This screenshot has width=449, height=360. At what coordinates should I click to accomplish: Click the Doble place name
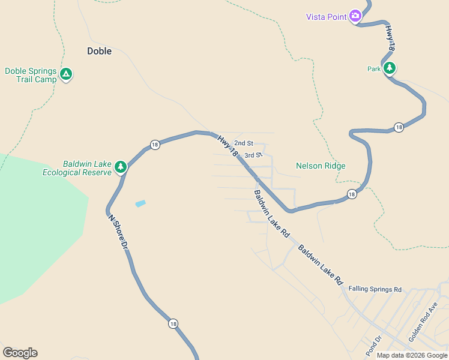[x=100, y=51]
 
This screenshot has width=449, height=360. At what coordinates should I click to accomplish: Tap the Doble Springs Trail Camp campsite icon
[x=66, y=75]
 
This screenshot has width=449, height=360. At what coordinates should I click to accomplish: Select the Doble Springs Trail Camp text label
[x=31, y=75]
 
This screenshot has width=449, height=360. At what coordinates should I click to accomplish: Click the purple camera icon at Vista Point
[x=355, y=16]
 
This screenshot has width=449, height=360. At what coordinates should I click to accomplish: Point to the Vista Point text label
[x=327, y=17]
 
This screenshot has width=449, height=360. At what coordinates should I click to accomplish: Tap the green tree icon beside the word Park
[x=390, y=68]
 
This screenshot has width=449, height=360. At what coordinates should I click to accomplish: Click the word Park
[x=375, y=69]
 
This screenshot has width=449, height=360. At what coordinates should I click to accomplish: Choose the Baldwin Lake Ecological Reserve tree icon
[x=121, y=166]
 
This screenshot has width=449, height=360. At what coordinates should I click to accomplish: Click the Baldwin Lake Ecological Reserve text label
[x=77, y=168]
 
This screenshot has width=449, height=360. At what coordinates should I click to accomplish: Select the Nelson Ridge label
[x=321, y=166]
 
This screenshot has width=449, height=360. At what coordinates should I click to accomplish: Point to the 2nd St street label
[x=244, y=143]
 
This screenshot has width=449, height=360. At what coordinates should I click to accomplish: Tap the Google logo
[x=20, y=353]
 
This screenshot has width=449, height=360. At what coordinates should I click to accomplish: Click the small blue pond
[x=140, y=203]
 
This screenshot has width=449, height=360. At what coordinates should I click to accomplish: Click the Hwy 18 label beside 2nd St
[x=228, y=146]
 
